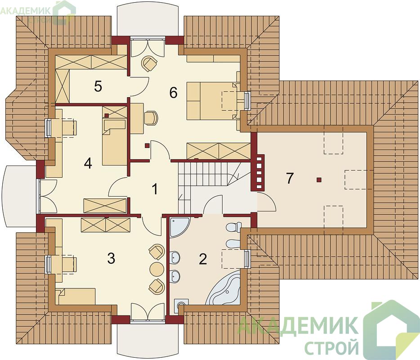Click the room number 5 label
coord(98,86)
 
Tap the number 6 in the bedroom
coord(173,93)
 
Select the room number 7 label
coord(290,178)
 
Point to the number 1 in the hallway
coord(155,189)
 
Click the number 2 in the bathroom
coord(203,259)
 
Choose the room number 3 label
coord(111,258)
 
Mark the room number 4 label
coord(88,163)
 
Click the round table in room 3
coord(157,268)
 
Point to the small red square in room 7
coord(318,180)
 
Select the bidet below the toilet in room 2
coord(233,243)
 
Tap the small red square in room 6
coord(147,145)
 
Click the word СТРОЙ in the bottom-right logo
coord(331,345)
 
